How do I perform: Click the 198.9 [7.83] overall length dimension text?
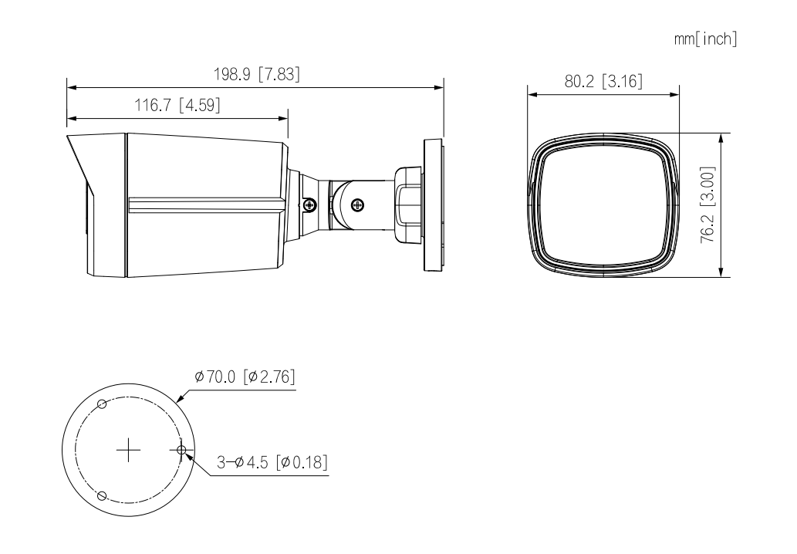(x=257, y=74)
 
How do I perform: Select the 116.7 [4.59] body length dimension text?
(x=177, y=105)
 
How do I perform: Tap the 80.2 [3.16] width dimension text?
(x=603, y=81)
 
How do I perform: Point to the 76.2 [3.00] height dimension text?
(x=708, y=204)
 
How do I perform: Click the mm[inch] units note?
(x=705, y=39)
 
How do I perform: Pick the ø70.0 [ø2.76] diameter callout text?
(x=245, y=377)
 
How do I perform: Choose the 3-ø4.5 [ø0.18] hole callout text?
(x=272, y=462)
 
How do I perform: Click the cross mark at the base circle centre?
(x=129, y=449)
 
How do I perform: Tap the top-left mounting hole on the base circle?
(x=102, y=404)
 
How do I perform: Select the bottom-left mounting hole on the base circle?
(x=102, y=495)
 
